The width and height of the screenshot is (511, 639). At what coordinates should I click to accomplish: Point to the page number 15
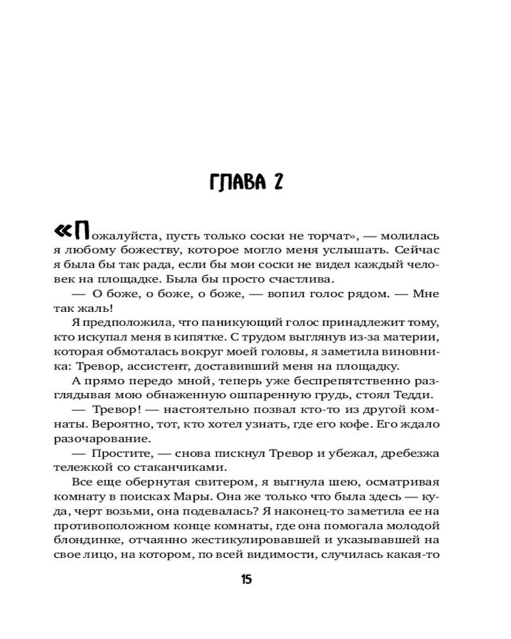(x=247, y=580)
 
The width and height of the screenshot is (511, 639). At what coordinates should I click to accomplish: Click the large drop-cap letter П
(x=82, y=231)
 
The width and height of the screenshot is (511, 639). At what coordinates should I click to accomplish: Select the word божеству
(x=144, y=248)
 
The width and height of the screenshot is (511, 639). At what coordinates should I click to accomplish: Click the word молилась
(x=415, y=233)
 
